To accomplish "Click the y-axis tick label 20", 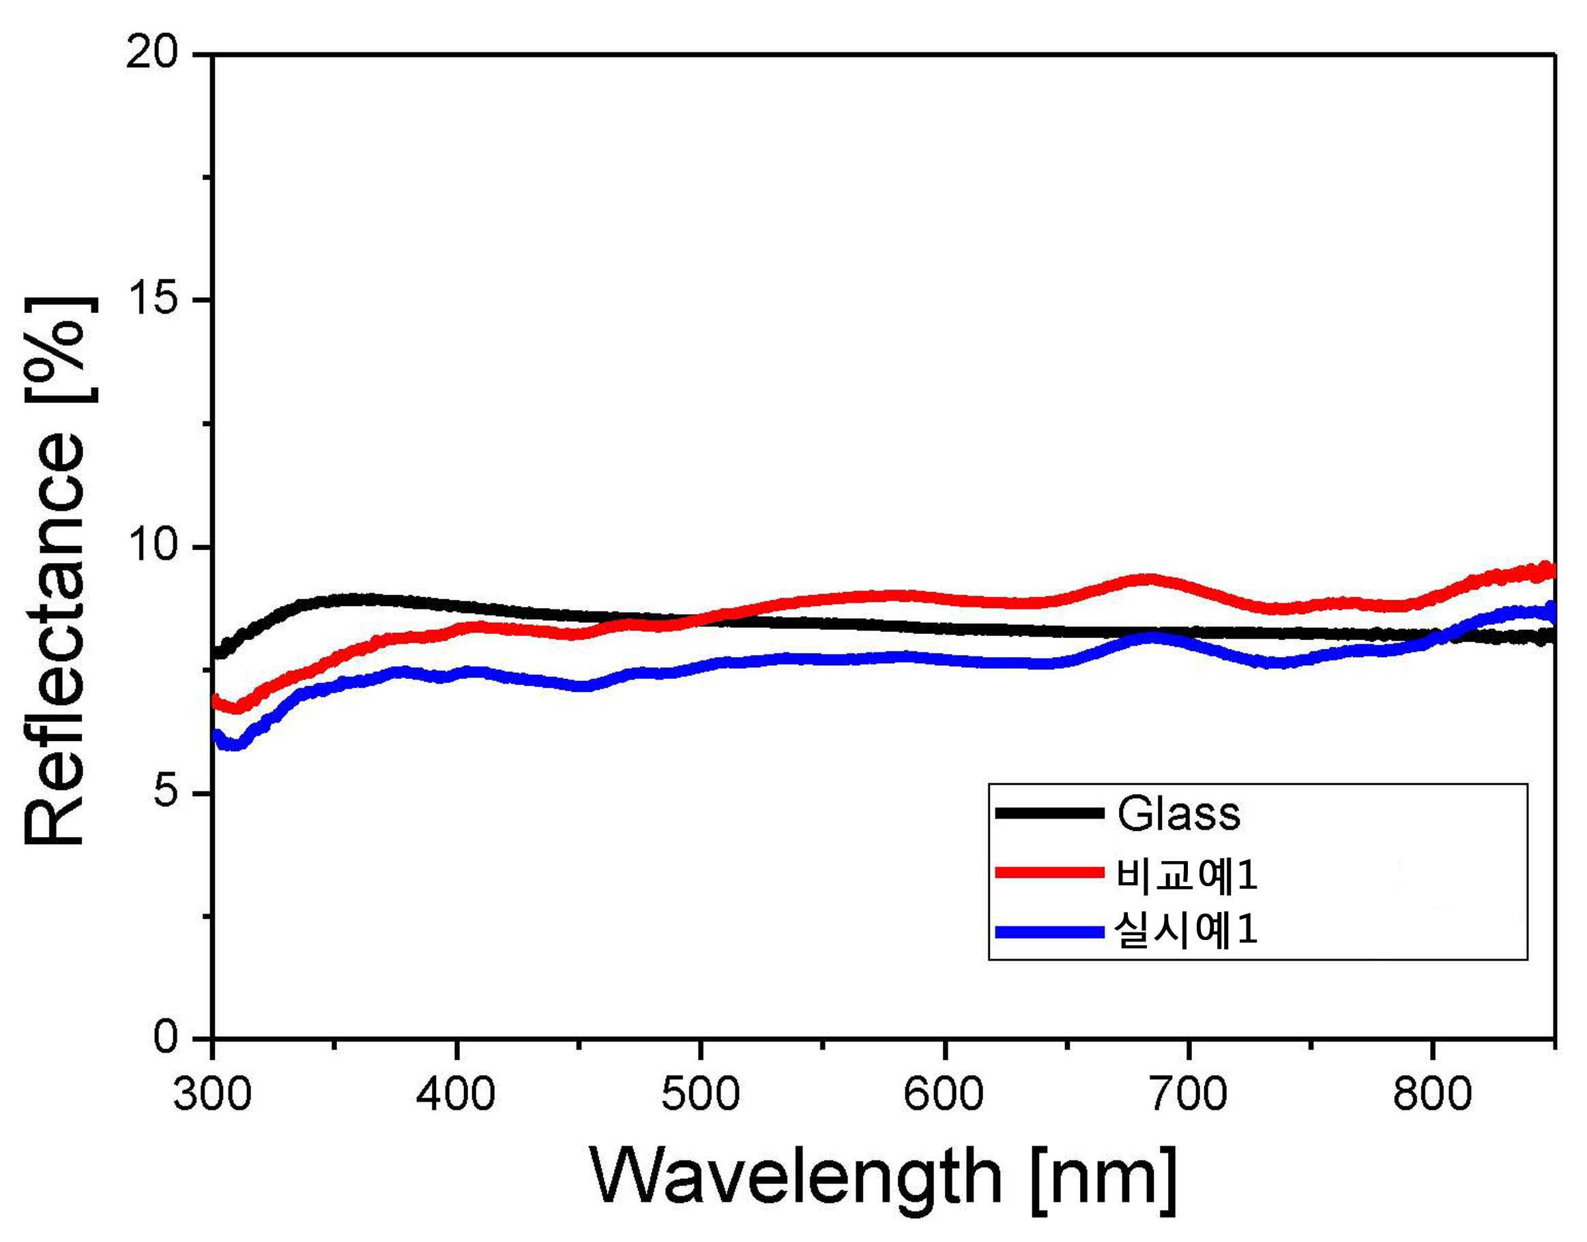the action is tap(152, 55).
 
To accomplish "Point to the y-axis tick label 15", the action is tap(152, 301).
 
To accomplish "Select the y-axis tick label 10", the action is tap(152, 547).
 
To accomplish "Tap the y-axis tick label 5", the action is tap(166, 793).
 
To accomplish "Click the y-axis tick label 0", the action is tap(166, 1038).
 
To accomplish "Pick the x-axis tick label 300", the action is tap(212, 1093).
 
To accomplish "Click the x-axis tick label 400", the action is tap(456, 1093).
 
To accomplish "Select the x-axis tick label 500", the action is tap(701, 1093).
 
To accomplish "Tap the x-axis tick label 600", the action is tap(944, 1093).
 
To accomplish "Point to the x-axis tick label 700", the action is tap(1189, 1093).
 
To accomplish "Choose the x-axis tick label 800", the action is tap(1433, 1093).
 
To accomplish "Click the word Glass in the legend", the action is tap(1178, 814).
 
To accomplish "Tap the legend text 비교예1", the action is tap(1186, 875).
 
